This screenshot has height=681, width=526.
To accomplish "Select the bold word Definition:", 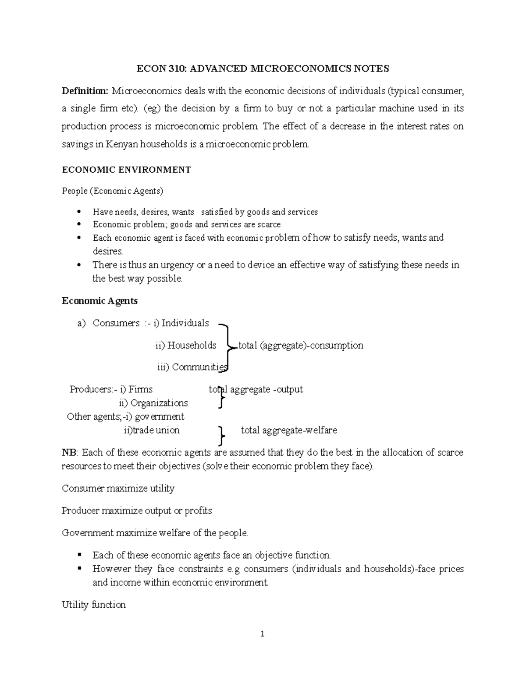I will [x=85, y=91].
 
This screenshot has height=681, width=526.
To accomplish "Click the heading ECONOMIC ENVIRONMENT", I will [x=126, y=170].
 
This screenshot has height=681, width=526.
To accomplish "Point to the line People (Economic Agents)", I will [x=113, y=191].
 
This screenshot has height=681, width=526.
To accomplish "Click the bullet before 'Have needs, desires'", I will [x=79, y=212].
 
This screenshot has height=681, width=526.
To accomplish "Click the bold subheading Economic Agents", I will [x=100, y=301].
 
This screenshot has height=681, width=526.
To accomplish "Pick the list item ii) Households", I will [x=186, y=346].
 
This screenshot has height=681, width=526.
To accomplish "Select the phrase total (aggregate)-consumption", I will [x=301, y=346].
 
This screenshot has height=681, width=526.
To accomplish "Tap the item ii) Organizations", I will [x=153, y=403].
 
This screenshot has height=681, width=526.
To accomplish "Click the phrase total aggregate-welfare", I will [x=289, y=430].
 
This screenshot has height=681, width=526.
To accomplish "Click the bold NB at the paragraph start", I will [x=69, y=453].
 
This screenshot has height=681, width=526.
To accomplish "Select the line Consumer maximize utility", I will [x=118, y=488].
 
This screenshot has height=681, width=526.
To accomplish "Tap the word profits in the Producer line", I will [x=198, y=511].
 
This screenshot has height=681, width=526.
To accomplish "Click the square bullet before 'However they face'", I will [x=79, y=568].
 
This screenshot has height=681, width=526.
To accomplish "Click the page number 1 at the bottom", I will [x=263, y=634].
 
